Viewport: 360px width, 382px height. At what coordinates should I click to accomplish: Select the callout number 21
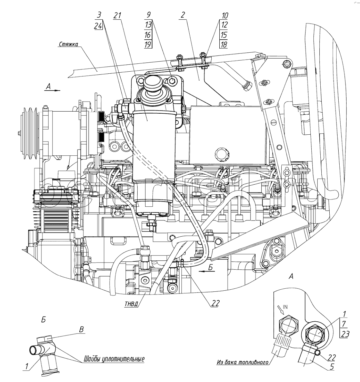click(118, 16)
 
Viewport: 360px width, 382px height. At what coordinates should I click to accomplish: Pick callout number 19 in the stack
click(149, 44)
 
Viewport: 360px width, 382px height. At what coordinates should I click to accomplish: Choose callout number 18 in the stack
click(224, 44)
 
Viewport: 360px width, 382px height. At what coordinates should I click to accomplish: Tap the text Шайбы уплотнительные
click(113, 359)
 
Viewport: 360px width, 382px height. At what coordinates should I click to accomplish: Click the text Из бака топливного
click(243, 362)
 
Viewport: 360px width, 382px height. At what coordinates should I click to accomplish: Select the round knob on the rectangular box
click(220, 152)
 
